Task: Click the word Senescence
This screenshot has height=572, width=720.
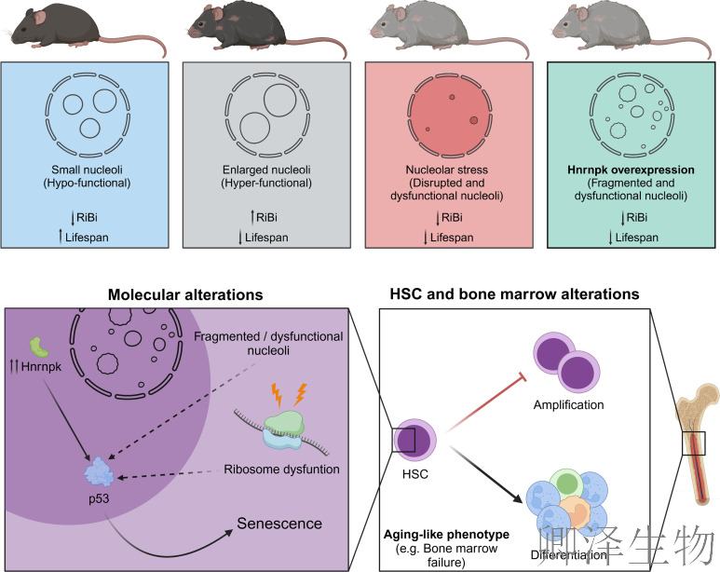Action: coord(278,523)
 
